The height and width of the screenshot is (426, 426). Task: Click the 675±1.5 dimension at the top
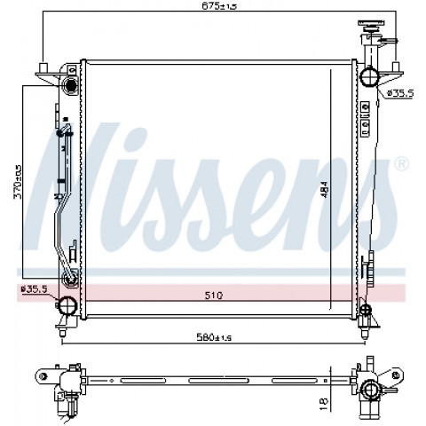[220, 6]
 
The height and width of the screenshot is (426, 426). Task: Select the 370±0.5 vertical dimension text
[18, 182]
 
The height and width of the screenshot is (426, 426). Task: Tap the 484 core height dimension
[324, 189]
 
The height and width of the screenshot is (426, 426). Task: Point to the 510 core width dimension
[214, 295]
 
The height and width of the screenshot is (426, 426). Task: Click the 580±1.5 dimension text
[214, 337]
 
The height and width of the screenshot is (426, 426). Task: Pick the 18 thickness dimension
[325, 404]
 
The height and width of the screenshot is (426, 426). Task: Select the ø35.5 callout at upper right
[400, 93]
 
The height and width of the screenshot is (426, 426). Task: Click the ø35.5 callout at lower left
[34, 289]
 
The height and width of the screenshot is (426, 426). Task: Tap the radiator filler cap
[370, 26]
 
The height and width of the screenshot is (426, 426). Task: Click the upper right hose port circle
[369, 76]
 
